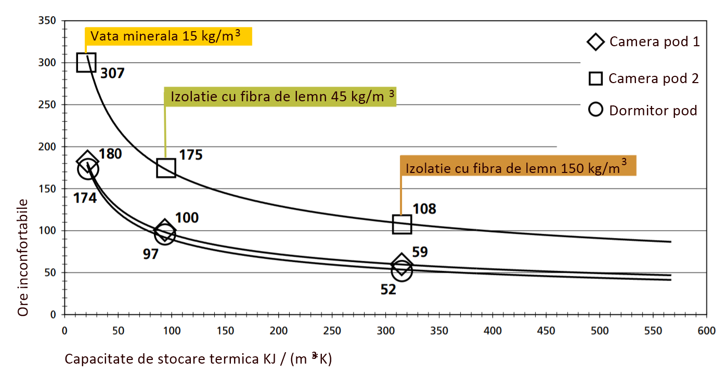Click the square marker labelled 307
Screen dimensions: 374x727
coord(86,62)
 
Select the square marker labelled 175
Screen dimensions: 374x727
coord(166,168)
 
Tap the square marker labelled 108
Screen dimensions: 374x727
coord(402,224)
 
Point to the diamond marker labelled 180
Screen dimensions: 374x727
coord(87,161)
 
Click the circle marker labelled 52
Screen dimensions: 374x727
coord(401,271)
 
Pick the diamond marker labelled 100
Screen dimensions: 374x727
coord(165,229)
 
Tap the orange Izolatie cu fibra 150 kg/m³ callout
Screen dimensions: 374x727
coord(517,167)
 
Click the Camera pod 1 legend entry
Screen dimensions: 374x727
coord(643,42)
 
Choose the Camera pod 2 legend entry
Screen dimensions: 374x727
coord(643,78)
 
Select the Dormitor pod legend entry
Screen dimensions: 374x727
coord(643,110)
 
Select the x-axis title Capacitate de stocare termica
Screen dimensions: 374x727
coord(198,358)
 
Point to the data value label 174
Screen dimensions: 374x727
coord(85,197)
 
